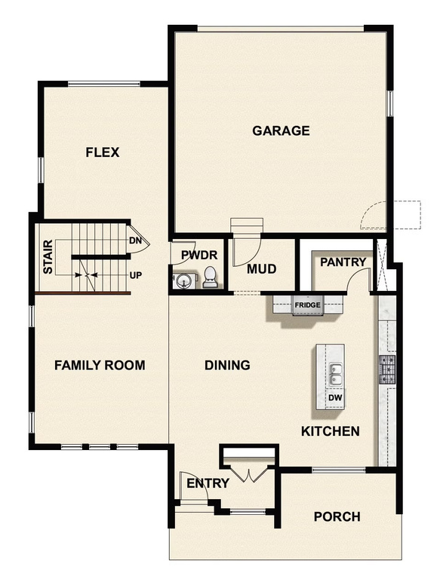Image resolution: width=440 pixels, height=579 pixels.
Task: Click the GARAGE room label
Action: click(x=281, y=130)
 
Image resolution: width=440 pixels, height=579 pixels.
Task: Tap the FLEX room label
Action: click(x=102, y=152)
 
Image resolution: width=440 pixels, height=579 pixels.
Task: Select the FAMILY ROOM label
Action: click(x=100, y=366)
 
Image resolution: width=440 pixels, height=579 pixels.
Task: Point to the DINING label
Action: click(x=227, y=366)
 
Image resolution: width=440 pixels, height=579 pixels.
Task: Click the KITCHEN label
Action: click(x=330, y=431)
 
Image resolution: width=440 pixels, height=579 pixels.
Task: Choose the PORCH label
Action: click(x=337, y=516)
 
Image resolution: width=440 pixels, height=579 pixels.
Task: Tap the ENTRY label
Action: click(x=208, y=483)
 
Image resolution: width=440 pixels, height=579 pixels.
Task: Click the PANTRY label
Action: click(x=343, y=262)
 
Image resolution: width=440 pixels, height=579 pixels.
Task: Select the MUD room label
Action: click(x=261, y=269)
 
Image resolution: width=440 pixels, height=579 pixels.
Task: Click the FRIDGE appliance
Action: click(x=307, y=305)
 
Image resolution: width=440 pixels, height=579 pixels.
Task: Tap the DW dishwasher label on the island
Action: click(x=334, y=397)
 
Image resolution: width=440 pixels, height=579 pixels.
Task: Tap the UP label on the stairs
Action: click(x=136, y=275)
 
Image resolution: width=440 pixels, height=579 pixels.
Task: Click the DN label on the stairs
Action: click(x=136, y=240)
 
